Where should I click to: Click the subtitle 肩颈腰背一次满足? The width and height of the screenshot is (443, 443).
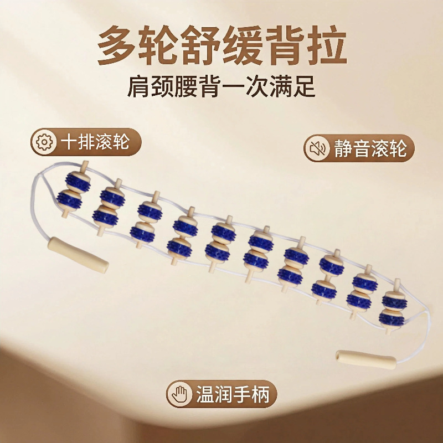click(x=221, y=87)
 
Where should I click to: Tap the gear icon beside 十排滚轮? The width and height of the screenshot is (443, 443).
click(x=43, y=142)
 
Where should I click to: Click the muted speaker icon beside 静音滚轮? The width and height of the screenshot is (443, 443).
click(x=318, y=148)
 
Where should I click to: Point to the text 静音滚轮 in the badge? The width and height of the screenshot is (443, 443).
click(x=370, y=148)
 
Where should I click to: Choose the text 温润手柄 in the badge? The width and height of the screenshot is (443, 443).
click(x=232, y=394)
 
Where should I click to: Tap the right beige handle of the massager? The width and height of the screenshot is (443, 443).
click(x=368, y=360)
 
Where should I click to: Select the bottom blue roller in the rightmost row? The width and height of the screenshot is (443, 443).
click(x=393, y=317)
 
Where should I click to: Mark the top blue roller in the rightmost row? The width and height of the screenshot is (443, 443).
click(x=395, y=298)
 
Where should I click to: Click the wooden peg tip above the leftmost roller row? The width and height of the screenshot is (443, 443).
click(x=84, y=164)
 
